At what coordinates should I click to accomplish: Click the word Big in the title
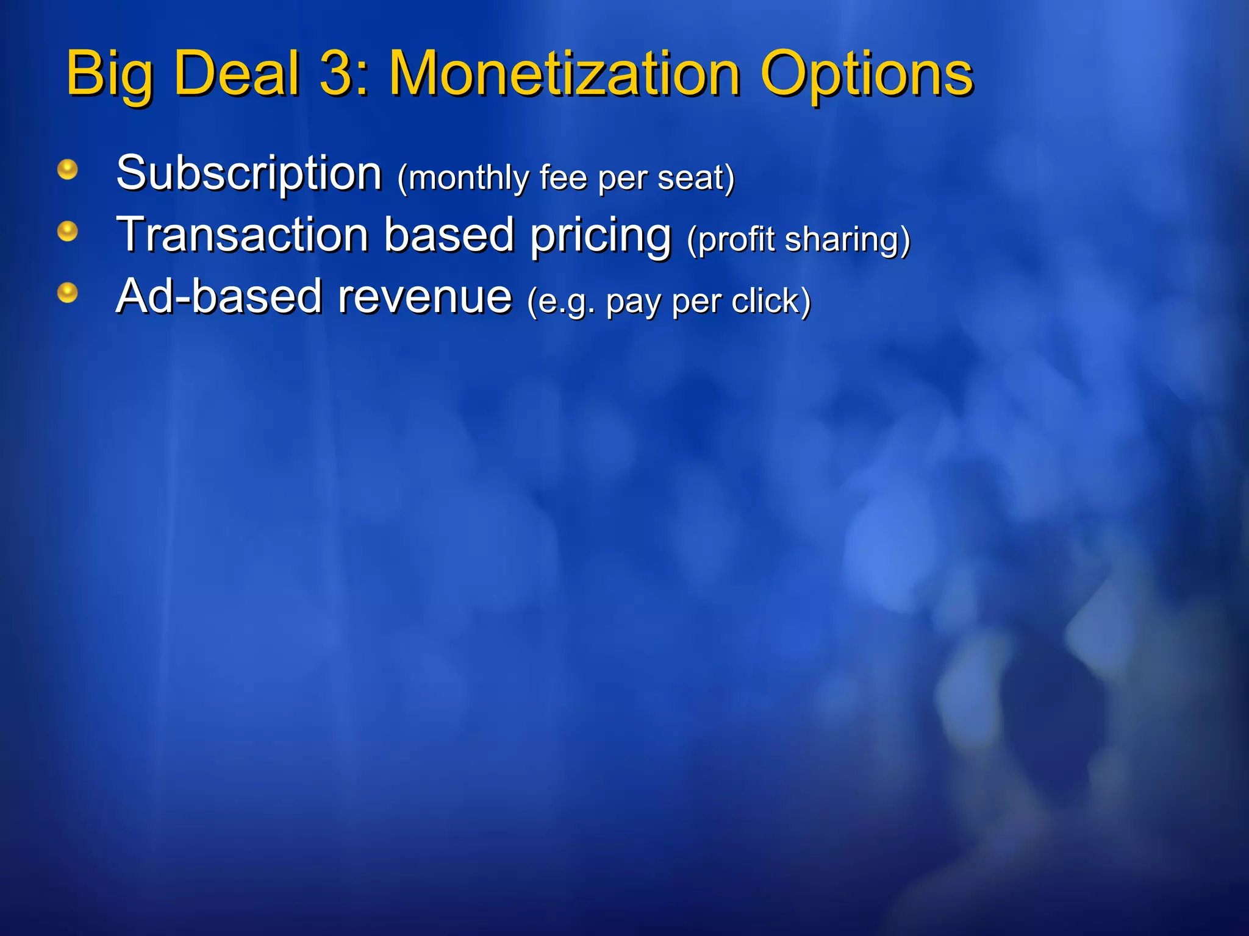point(110,74)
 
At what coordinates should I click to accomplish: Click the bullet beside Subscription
point(68,169)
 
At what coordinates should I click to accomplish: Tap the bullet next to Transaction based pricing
point(68,232)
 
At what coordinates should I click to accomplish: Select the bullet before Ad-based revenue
point(68,293)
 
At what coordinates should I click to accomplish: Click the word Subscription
point(249,174)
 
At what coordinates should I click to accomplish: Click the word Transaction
point(243,235)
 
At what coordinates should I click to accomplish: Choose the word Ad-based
point(218,297)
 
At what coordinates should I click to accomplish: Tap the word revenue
point(425,297)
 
